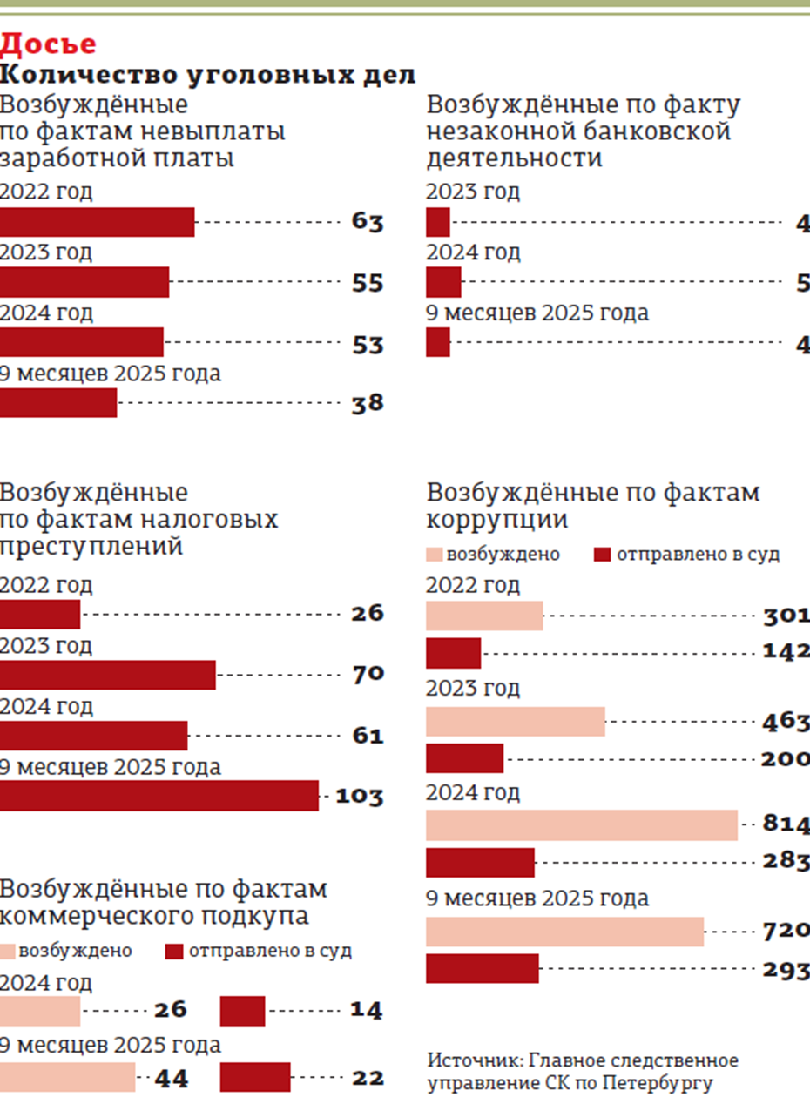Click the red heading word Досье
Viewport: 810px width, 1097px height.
tap(48, 44)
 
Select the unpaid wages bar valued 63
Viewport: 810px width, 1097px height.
tap(97, 222)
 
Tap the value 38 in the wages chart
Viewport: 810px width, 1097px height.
tap(368, 403)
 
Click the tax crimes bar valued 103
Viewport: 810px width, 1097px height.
tap(159, 796)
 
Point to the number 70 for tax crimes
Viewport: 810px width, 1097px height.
tap(368, 673)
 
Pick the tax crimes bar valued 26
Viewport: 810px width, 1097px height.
tap(40, 614)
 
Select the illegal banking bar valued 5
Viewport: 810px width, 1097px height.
tap(443, 283)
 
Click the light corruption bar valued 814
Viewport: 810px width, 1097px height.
tap(582, 824)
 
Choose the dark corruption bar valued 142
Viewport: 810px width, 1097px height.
tap(453, 652)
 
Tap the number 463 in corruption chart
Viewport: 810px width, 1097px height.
tap(786, 722)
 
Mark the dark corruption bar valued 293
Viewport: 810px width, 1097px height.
tap(483, 968)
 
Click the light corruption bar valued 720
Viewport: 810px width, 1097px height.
tap(564, 932)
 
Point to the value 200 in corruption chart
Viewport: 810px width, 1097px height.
tap(786, 758)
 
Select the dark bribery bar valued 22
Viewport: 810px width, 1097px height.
tap(255, 1077)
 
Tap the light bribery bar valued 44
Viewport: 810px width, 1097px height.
tap(68, 1077)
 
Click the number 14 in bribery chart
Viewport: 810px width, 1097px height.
tap(367, 1011)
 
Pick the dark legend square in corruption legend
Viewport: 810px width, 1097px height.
tap(602, 555)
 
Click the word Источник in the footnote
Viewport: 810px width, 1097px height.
tap(465, 1060)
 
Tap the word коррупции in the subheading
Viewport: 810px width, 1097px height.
tap(497, 520)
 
